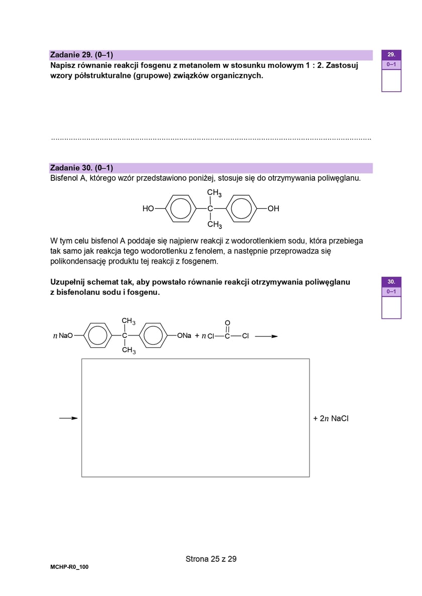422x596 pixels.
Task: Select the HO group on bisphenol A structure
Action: point(148,208)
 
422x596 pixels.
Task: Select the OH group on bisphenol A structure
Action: point(273,208)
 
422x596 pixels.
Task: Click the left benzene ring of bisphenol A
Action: point(179,208)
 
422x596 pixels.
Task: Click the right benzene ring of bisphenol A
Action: point(242,208)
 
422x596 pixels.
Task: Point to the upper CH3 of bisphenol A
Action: point(214,193)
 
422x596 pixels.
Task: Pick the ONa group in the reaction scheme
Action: point(184,335)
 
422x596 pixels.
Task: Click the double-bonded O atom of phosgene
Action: point(227,323)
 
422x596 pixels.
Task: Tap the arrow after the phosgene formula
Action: point(266,336)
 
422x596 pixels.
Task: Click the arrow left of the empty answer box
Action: point(68,418)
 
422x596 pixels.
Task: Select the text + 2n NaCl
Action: point(331,418)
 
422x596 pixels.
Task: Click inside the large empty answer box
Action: point(195,418)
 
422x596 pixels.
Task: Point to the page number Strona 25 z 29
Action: point(211,558)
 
